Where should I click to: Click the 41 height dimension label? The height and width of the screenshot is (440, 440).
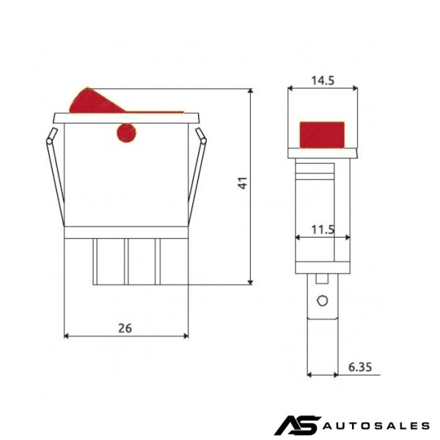243,183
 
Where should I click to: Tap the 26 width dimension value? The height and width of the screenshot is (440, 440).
125,328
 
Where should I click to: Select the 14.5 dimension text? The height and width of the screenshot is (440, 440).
323,81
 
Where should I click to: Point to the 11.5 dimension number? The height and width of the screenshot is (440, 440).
323,230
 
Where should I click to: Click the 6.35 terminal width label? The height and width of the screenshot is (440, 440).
360,367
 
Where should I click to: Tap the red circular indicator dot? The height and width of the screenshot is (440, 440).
126,133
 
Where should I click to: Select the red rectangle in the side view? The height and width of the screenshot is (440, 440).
322,135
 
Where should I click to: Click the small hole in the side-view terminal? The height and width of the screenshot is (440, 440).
322,301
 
